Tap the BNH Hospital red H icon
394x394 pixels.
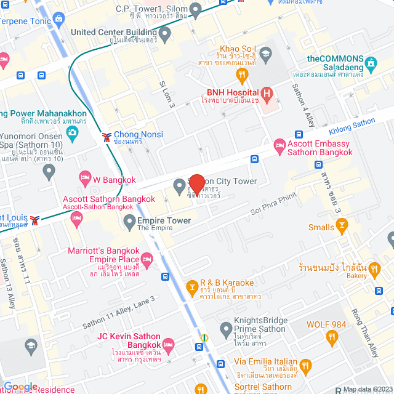point(267,94)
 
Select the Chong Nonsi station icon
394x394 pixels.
point(107,135)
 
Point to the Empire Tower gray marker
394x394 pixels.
point(129,220)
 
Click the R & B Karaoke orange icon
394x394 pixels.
point(192,287)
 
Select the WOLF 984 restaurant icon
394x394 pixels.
point(332,336)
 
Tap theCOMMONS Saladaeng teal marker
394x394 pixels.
point(371,63)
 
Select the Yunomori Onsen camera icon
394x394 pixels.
point(73,132)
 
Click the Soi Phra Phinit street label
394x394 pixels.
point(273,204)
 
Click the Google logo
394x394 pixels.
point(21,386)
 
